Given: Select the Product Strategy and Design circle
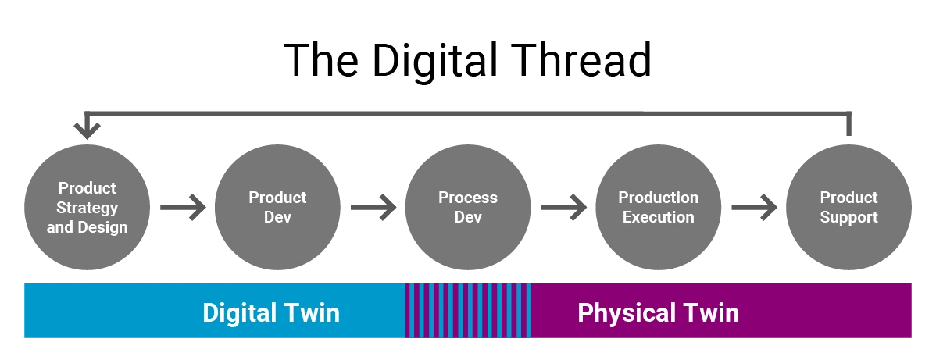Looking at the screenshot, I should click(x=87, y=208).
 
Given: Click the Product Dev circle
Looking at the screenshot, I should click(x=277, y=208).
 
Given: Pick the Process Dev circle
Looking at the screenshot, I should click(x=467, y=208).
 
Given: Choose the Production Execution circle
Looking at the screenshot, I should click(x=658, y=208).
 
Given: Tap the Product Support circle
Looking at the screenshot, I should click(x=848, y=208).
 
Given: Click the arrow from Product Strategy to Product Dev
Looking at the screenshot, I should click(x=182, y=208).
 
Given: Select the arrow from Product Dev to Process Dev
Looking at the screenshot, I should click(x=373, y=208).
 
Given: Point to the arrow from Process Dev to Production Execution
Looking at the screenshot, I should click(x=563, y=208).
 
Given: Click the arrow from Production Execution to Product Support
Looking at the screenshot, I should click(x=753, y=208).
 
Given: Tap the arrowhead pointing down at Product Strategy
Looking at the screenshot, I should click(x=87, y=125).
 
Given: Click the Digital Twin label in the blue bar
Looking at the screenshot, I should click(x=271, y=312).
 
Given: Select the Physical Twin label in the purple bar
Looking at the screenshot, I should click(x=658, y=312).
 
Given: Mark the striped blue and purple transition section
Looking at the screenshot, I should click(x=468, y=311).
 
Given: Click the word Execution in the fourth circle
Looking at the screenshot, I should click(x=658, y=217).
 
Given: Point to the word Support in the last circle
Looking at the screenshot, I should click(x=848, y=217).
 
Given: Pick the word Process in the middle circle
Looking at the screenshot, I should click(x=467, y=198).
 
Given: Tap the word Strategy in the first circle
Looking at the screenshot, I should click(x=87, y=208).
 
